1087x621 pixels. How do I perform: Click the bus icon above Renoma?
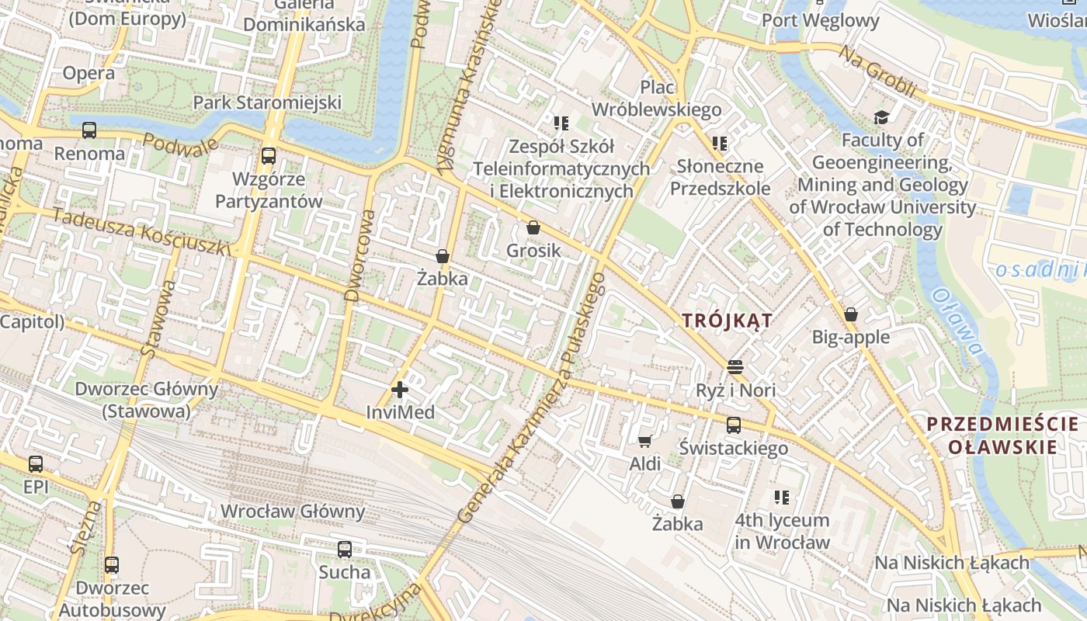(x=89, y=130)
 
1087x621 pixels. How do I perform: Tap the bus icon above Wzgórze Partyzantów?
(x=269, y=156)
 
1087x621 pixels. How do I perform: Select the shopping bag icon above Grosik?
(x=533, y=227)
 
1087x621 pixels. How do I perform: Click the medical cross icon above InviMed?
(x=400, y=390)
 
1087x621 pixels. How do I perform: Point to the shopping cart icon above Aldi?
(x=644, y=442)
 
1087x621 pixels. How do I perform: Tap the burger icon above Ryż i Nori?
(x=735, y=366)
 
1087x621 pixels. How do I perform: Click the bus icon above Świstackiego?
(x=734, y=425)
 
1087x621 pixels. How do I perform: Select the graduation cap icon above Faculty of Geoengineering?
(x=881, y=117)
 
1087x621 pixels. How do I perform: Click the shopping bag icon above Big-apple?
(x=851, y=314)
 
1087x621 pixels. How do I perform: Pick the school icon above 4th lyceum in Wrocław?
(x=782, y=497)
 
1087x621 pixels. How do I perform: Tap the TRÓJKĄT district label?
(x=727, y=320)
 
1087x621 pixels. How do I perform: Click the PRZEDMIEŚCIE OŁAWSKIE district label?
(x=1002, y=435)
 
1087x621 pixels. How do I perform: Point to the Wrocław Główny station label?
(x=293, y=511)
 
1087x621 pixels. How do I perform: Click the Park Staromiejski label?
(x=267, y=102)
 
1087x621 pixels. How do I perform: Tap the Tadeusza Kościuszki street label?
(x=144, y=231)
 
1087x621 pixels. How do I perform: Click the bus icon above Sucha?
(x=345, y=550)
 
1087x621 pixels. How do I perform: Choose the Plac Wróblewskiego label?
(x=657, y=99)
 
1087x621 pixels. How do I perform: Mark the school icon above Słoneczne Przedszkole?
(x=720, y=144)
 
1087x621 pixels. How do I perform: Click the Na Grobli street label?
(x=877, y=71)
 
